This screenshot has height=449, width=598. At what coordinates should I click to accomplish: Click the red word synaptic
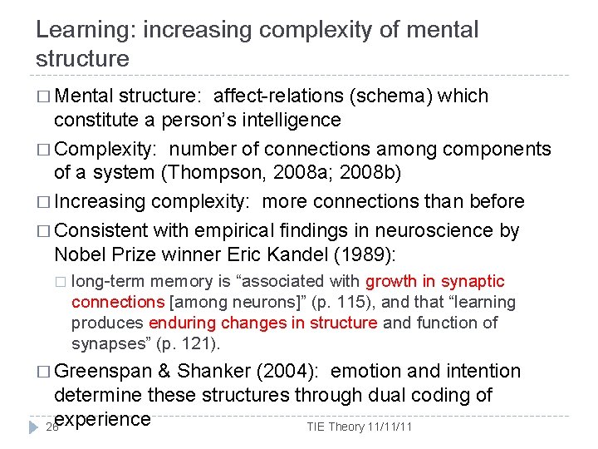coord(473,282)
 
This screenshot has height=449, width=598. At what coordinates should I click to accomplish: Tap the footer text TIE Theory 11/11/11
coord(360,427)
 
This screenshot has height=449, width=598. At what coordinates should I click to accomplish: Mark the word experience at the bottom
coord(101,417)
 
